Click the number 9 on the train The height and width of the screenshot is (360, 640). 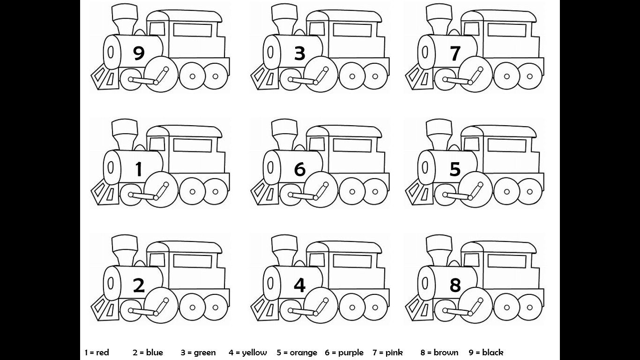tap(139, 53)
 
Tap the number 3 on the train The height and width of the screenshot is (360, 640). tap(299, 53)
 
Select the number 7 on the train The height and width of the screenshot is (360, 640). tap(455, 53)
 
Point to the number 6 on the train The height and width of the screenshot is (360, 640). tap(299, 169)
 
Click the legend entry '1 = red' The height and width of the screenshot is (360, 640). tap(97, 352)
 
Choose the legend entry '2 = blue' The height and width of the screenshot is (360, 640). tap(148, 352)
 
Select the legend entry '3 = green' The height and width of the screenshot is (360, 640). tap(198, 352)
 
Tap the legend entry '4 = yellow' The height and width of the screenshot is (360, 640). tap(248, 352)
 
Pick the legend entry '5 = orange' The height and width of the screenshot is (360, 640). tap(297, 352)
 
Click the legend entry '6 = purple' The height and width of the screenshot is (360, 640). tap(344, 352)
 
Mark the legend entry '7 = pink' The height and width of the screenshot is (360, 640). tap(388, 352)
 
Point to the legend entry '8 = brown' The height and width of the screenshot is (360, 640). tap(439, 352)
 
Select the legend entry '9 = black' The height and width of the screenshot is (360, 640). tap(486, 352)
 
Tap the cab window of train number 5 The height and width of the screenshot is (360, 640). tap(506, 145)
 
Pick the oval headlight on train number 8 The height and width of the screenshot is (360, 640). tap(424, 283)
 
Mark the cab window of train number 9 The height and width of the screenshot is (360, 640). tap(193, 30)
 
